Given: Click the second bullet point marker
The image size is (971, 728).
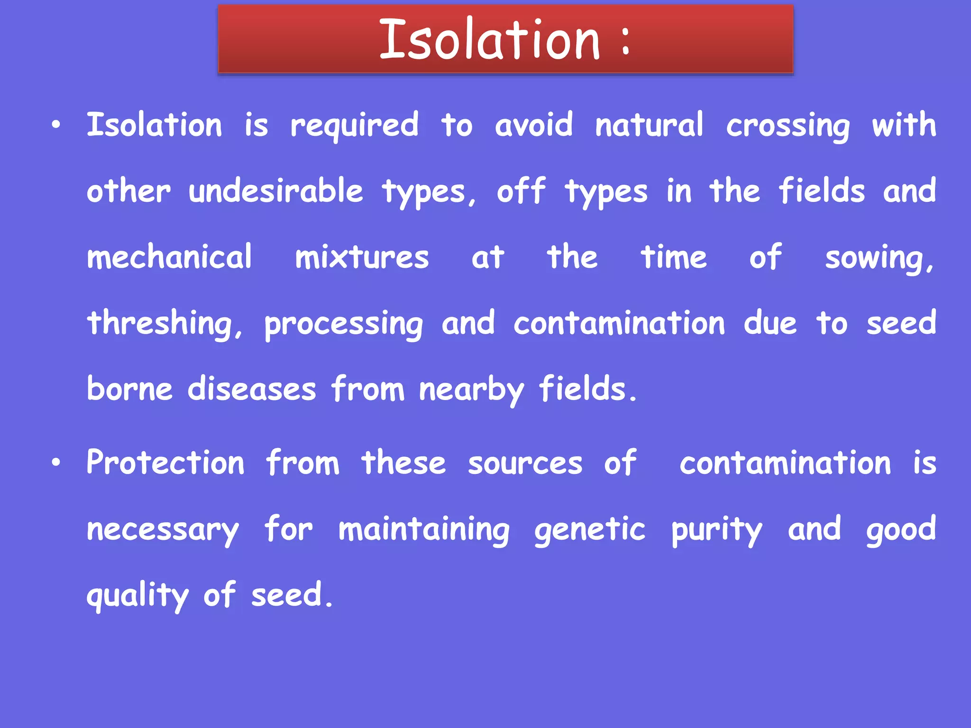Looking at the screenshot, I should [x=56, y=463].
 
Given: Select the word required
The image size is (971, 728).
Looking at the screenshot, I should [x=354, y=126].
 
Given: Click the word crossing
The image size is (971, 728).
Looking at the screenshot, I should [x=788, y=126].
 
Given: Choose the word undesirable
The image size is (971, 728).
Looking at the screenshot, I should [x=276, y=191].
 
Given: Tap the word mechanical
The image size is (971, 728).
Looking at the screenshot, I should [x=169, y=257].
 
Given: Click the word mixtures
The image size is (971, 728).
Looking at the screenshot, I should [x=362, y=257].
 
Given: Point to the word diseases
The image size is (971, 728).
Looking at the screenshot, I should [x=251, y=389].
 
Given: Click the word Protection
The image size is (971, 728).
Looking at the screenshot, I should [x=165, y=463].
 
